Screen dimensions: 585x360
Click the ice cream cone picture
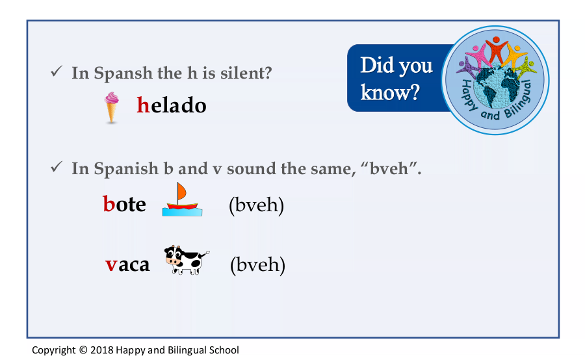[x=112, y=107]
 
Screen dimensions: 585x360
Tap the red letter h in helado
[x=143, y=105]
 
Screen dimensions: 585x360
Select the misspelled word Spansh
[x=123, y=73]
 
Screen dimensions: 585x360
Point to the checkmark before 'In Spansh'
[x=57, y=71]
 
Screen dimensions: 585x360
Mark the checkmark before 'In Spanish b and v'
[x=57, y=166]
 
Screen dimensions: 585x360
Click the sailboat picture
[x=182, y=199]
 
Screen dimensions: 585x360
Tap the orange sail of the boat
[x=181, y=192]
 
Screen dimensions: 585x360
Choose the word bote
[x=124, y=203]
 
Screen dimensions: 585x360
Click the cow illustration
[x=187, y=260]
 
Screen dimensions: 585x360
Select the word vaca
[x=127, y=264]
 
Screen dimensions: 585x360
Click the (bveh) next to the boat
[x=256, y=205]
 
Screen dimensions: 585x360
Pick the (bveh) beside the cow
[x=258, y=264]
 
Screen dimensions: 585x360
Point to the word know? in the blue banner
[x=390, y=92]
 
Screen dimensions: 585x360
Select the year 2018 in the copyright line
[x=102, y=350]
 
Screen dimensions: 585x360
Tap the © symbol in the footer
[x=83, y=350]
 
